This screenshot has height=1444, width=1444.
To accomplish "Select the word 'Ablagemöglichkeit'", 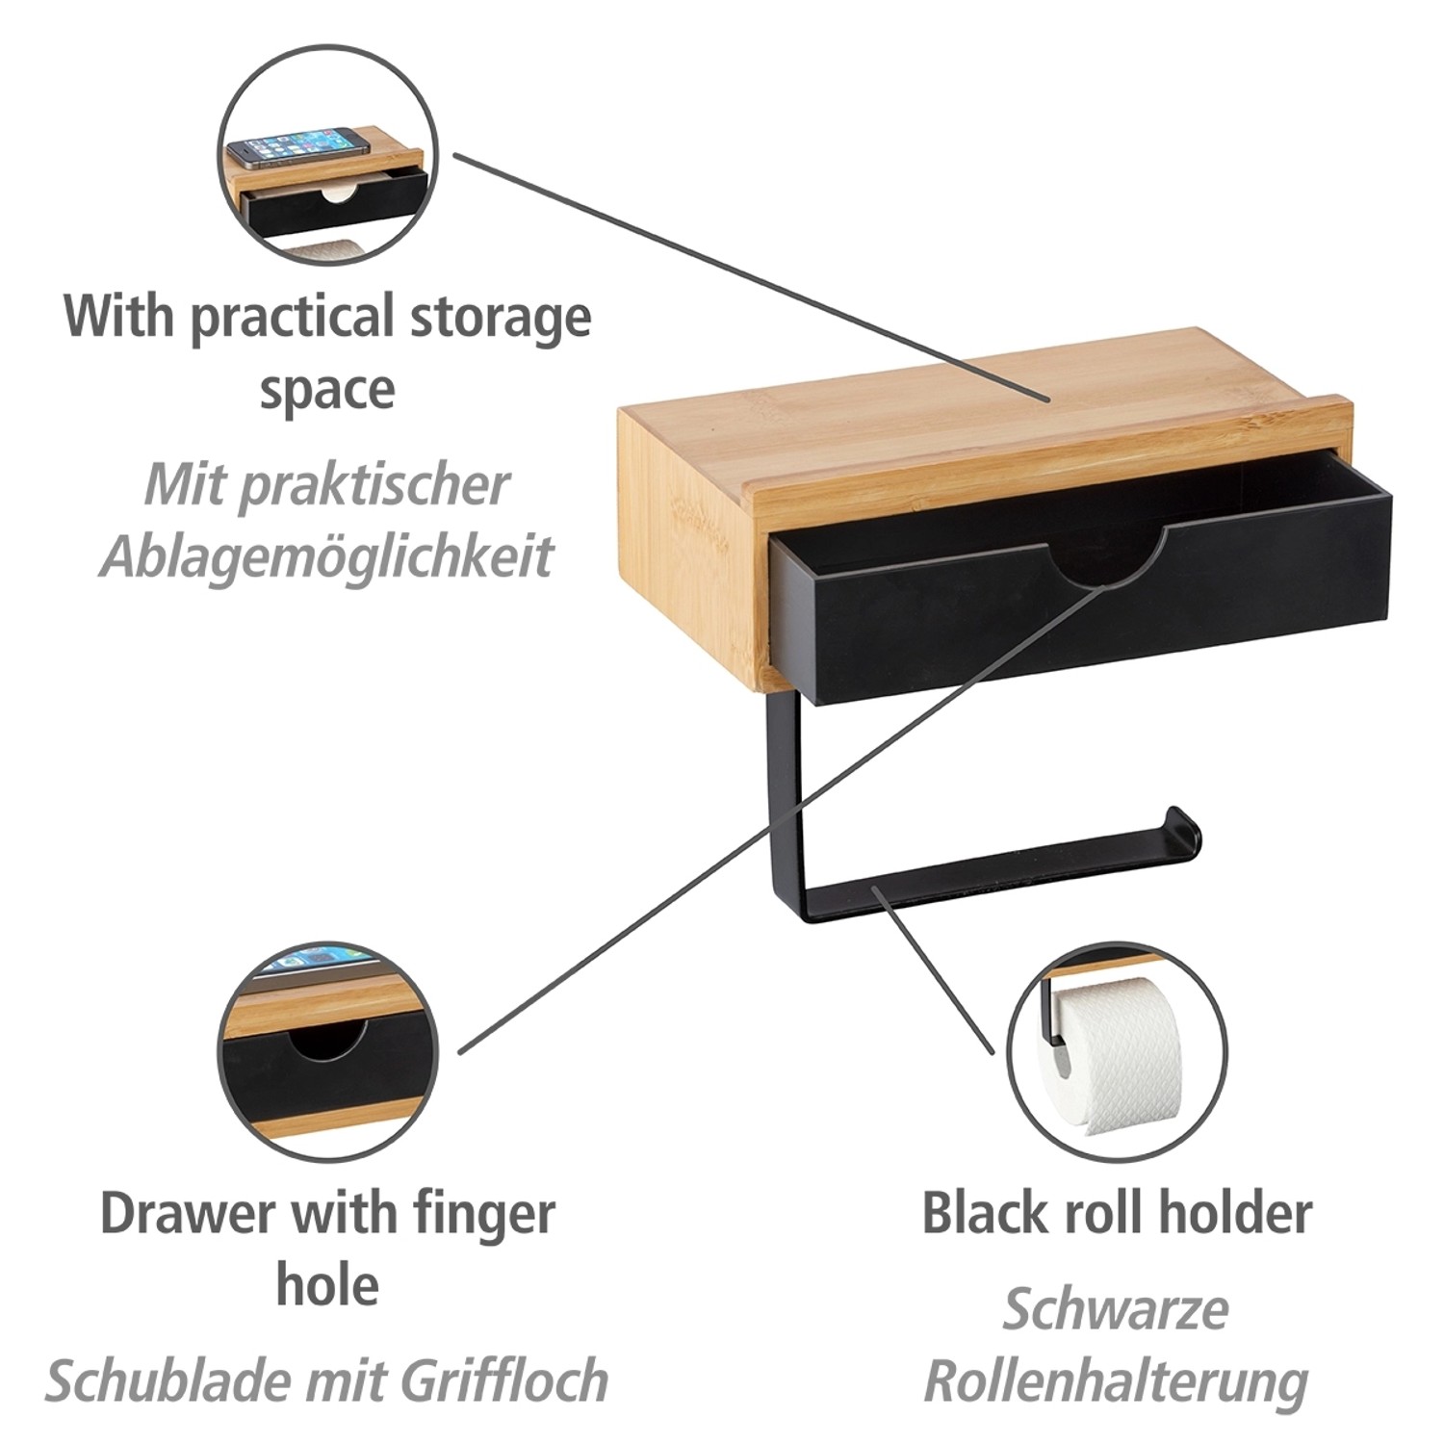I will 327,555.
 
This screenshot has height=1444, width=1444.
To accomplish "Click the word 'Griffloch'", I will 504,1381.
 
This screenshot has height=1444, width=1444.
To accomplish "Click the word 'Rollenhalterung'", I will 1117,1381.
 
